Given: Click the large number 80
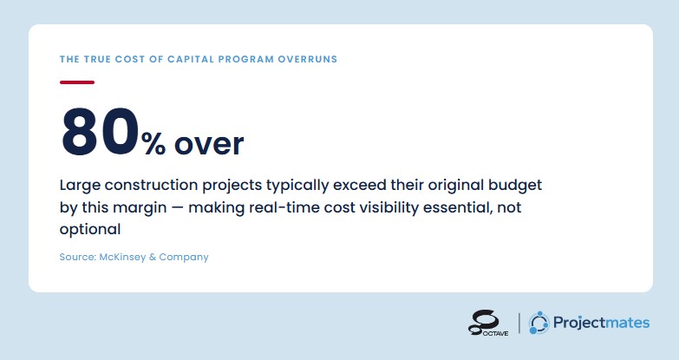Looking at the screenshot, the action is [101, 132].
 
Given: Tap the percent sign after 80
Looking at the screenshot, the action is [153, 144].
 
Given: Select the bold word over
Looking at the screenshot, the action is [209, 145].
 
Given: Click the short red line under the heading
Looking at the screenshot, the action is [77, 82].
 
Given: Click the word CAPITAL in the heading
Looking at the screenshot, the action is [191, 59].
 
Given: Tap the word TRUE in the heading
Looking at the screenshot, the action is [97, 59].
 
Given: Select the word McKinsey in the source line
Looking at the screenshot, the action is [122, 257].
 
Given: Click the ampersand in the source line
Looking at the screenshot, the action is [153, 257].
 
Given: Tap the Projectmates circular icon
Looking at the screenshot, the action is [539, 323].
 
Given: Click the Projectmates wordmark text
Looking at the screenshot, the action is [602, 324].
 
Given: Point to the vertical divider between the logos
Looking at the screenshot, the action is [519, 324].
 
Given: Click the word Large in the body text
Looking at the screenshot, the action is [80, 186].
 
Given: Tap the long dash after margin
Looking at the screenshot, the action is [178, 208].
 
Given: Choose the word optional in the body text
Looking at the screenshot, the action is [90, 230].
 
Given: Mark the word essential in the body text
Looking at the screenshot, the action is [458, 207].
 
